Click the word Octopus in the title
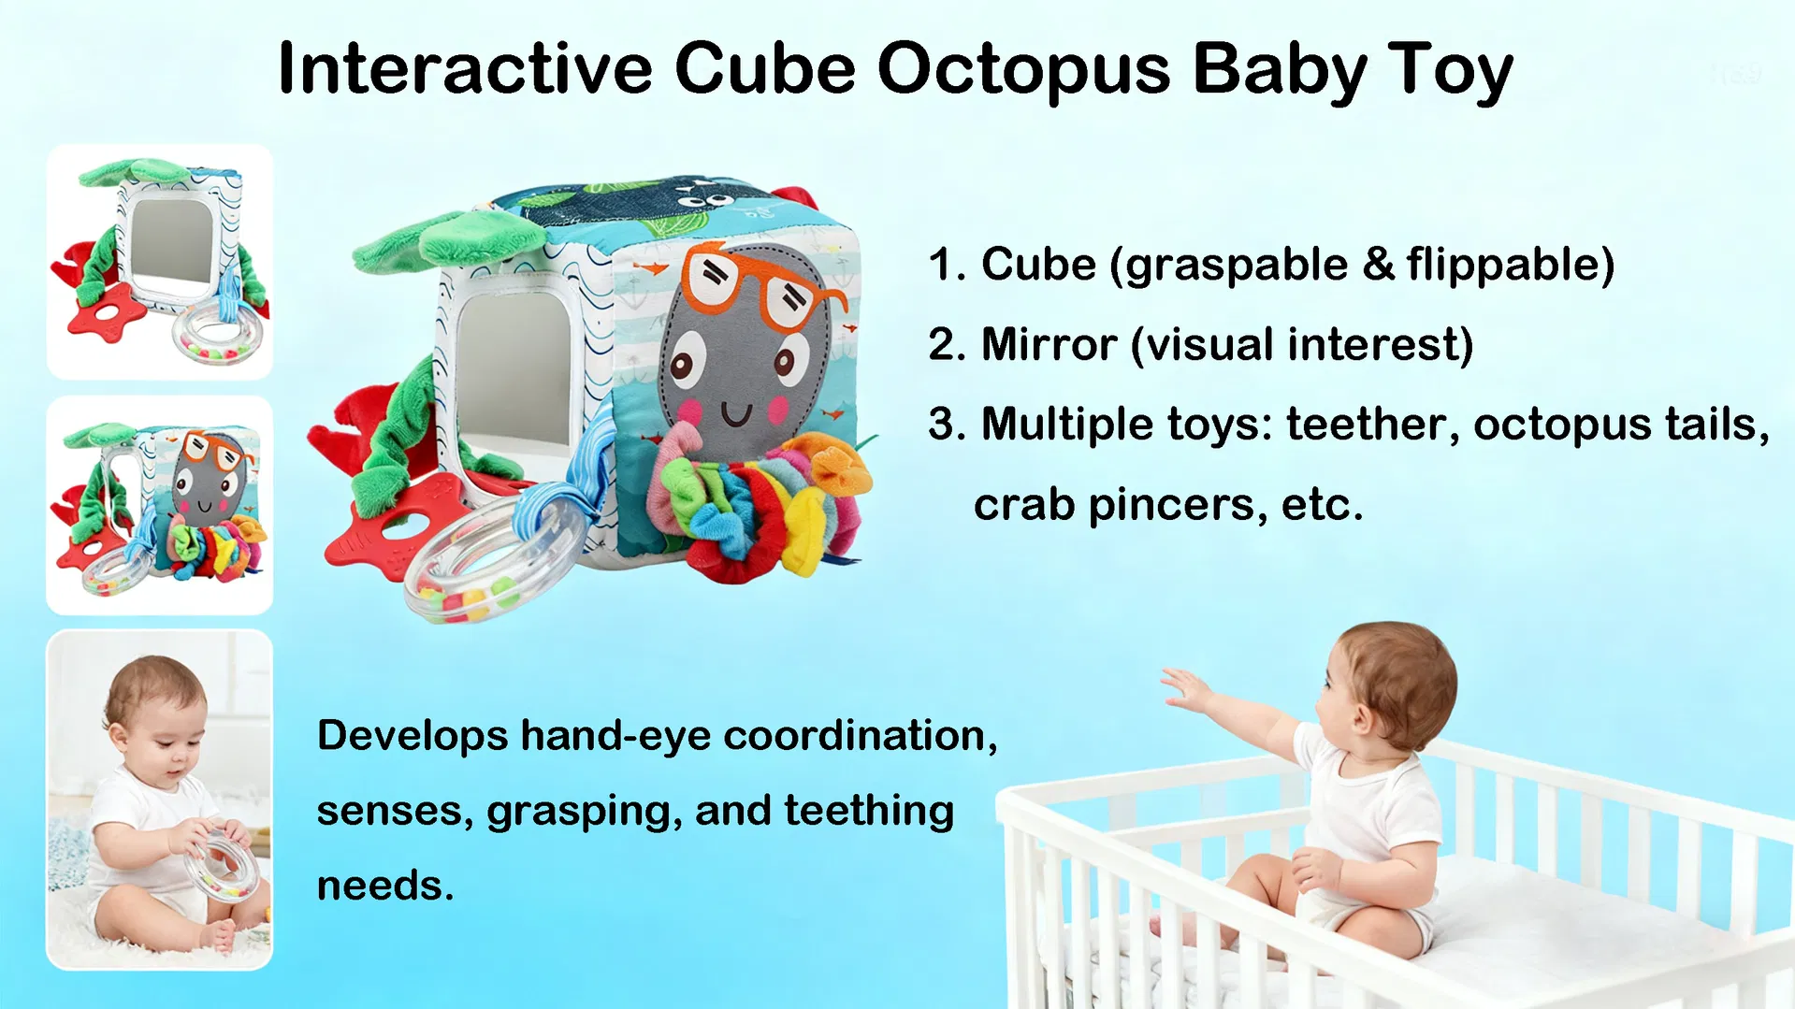click(1023, 69)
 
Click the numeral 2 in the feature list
click(946, 344)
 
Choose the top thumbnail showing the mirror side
click(160, 262)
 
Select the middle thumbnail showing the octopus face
click(160, 505)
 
